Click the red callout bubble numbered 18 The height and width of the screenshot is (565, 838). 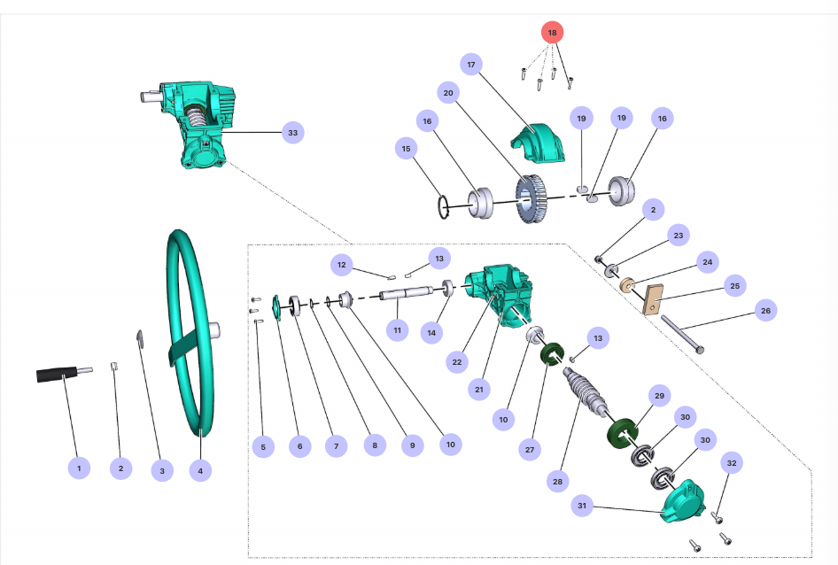coord(552,33)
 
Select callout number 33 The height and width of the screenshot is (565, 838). coord(292,133)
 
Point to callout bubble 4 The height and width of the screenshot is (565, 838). coord(200,471)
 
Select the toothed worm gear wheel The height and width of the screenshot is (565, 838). coord(532,198)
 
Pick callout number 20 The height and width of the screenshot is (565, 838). coord(447,93)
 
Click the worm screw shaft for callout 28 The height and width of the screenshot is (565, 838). coord(586,391)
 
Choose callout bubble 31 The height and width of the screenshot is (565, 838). coord(582,506)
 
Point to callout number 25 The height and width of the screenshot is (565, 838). coord(734,286)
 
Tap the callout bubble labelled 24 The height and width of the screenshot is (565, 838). coord(707,262)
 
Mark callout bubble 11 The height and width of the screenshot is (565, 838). coord(397,330)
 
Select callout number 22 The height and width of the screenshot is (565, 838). coord(456,361)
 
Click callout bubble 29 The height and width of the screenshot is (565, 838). coord(658,394)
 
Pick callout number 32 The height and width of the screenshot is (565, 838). coord(731,462)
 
